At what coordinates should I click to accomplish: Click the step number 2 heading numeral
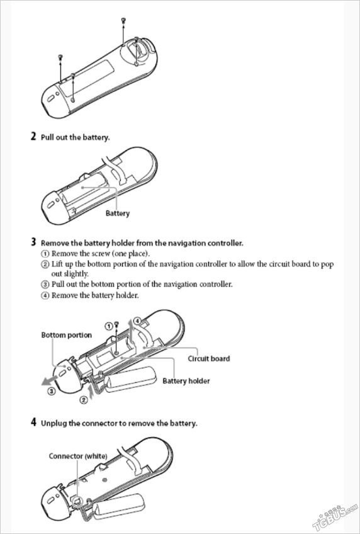point(33,137)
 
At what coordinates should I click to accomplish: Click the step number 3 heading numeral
point(33,242)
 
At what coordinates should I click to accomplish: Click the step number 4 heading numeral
point(33,423)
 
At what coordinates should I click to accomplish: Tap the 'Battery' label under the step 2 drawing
point(118,213)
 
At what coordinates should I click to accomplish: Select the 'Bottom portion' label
point(67,335)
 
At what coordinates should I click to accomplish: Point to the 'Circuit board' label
point(208,358)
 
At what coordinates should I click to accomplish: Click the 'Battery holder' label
point(186,381)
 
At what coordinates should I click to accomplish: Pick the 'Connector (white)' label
point(78,456)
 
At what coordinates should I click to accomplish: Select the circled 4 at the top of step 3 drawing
point(137,321)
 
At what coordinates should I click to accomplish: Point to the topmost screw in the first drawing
point(123,20)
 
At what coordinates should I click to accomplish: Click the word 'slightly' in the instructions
point(69,274)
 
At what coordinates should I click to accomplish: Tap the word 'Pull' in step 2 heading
point(47,137)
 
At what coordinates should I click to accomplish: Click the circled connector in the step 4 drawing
point(77,500)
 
